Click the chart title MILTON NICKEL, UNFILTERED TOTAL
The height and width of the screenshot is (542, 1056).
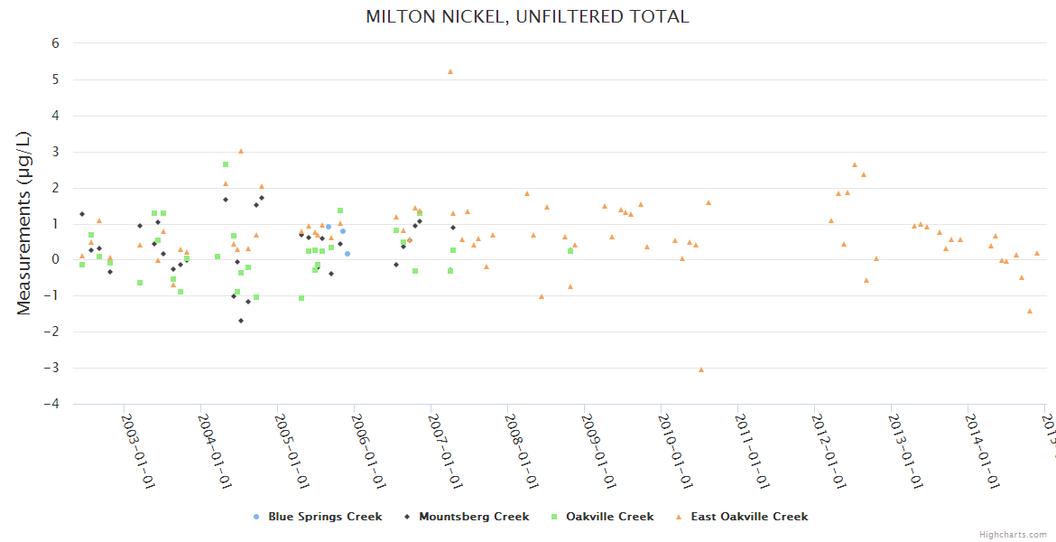click(527, 16)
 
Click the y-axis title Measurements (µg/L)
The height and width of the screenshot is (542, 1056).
click(24, 222)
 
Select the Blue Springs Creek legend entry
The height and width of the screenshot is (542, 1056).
click(324, 517)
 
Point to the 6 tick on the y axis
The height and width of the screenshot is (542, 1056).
click(55, 43)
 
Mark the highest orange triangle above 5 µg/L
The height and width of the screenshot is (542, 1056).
click(450, 71)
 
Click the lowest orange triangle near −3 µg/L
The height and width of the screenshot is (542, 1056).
click(701, 369)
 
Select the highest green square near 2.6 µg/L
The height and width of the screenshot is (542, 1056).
click(226, 164)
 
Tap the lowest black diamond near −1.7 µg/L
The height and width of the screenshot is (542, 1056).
click(241, 321)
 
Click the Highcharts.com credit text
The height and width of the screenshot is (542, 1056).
click(1014, 535)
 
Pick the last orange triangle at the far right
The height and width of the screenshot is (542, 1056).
click(1037, 254)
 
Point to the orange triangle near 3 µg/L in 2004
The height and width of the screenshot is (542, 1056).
click(241, 151)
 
